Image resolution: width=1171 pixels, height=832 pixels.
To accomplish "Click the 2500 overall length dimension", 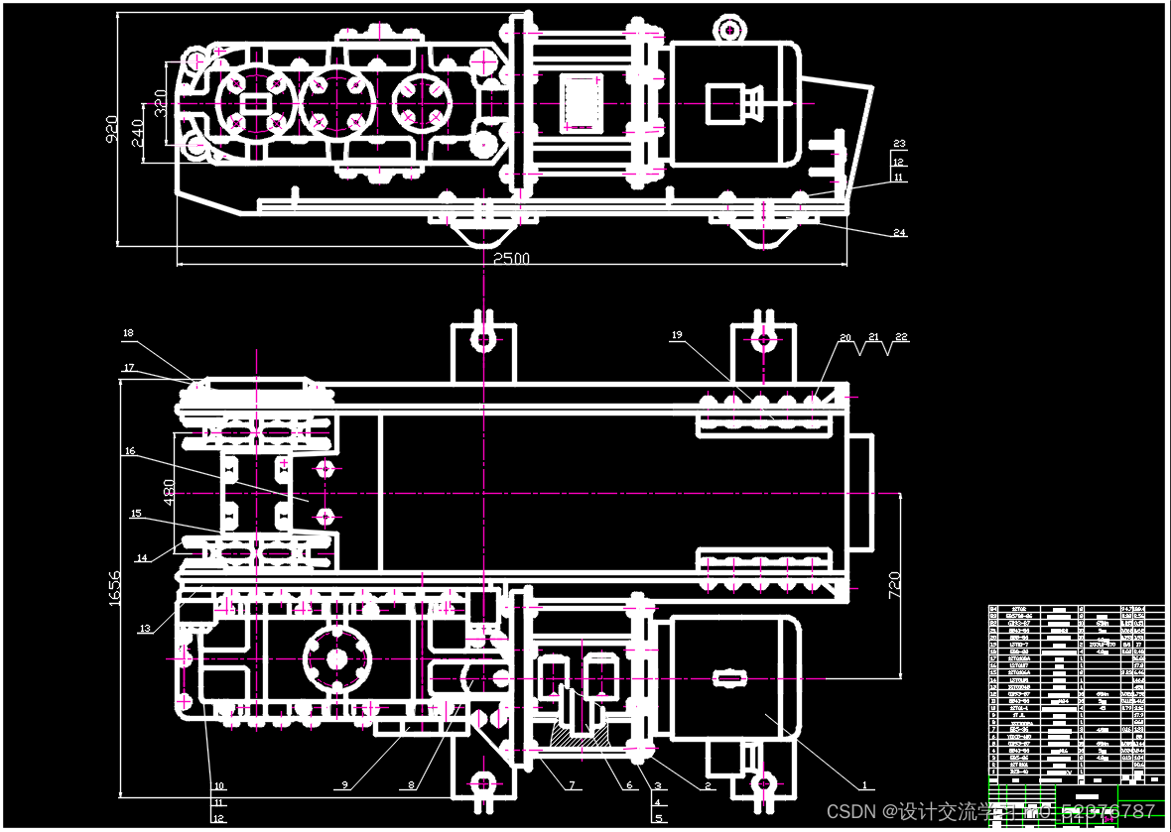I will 512,259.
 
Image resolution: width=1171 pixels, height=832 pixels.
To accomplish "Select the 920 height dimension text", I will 112,128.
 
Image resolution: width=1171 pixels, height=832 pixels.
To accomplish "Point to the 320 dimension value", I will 160,99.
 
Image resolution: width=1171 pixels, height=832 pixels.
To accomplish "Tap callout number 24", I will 899,233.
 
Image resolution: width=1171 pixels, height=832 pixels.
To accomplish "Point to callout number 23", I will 899,145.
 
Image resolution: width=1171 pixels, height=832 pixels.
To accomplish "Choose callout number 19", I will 677,336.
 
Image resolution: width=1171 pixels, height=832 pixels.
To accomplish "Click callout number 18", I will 128,333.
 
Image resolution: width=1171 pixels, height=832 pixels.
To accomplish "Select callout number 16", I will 130,451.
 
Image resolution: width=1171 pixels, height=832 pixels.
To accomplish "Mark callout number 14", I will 142,558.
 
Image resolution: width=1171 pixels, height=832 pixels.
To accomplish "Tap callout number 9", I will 345,785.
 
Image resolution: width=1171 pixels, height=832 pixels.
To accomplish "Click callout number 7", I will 573,786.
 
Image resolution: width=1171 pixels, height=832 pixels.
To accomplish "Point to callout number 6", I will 628,786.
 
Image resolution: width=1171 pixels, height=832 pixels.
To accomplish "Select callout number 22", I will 901,337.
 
